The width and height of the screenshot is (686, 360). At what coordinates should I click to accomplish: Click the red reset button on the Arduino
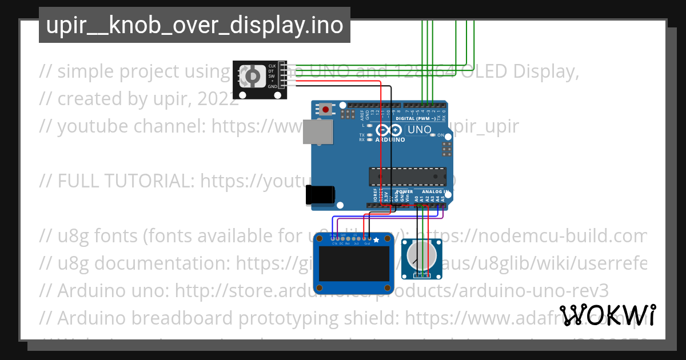click(326, 109)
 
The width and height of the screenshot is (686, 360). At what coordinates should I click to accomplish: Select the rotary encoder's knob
click(252, 77)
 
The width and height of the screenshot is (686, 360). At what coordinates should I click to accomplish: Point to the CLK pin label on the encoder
click(272, 66)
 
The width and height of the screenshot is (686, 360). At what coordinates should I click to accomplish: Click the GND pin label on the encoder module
click(272, 86)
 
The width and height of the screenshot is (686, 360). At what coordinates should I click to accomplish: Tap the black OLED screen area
click(354, 264)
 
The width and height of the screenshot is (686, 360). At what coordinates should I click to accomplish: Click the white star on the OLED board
click(376, 239)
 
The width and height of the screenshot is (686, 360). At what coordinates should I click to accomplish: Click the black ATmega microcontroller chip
click(407, 177)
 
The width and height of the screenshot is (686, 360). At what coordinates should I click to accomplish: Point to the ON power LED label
click(441, 135)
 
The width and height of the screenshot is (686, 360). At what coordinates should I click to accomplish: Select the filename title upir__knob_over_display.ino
click(194, 25)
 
